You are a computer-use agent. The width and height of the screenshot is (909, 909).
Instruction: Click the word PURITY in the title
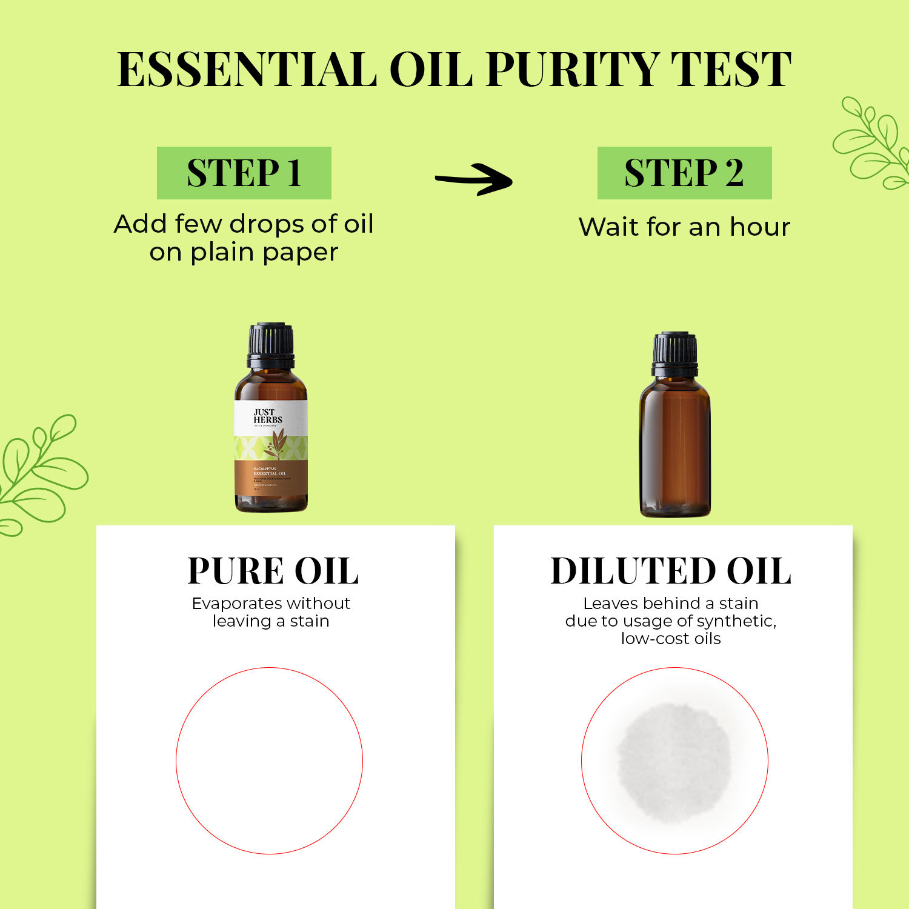click(573, 70)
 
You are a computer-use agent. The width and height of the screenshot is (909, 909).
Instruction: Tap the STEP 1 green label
click(244, 173)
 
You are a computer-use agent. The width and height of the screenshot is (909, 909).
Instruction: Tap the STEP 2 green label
click(684, 173)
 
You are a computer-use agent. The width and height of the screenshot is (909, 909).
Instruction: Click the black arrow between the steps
click(474, 179)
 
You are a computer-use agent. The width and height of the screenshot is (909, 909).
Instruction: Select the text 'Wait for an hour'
click(684, 227)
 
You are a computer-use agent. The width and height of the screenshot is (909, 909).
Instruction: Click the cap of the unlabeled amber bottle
click(674, 353)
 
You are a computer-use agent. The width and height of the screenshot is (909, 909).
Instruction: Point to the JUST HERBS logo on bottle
click(267, 416)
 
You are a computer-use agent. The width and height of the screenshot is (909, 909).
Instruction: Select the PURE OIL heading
click(273, 571)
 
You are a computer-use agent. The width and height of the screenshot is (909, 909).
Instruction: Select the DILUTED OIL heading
click(671, 571)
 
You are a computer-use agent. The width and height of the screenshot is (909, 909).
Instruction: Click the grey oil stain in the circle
click(673, 762)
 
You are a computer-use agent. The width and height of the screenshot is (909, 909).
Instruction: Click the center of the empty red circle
click(269, 761)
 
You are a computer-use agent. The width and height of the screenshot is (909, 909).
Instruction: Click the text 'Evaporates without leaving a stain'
click(271, 612)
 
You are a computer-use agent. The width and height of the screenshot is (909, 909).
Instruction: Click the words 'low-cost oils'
click(671, 639)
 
